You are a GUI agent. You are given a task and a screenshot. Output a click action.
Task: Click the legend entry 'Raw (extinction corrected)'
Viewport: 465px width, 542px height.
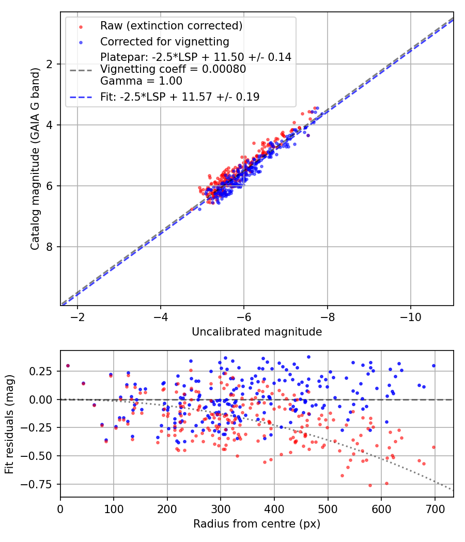tap(171, 26)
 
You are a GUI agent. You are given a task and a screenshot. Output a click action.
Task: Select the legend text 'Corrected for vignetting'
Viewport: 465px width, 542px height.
tap(165, 41)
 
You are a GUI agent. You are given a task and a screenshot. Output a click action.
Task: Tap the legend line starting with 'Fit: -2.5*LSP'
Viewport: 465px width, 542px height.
tap(180, 97)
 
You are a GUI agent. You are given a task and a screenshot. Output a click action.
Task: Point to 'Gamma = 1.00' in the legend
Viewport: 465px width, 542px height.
tap(141, 81)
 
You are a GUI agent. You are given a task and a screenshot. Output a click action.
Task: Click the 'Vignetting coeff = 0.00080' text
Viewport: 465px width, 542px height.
tap(173, 69)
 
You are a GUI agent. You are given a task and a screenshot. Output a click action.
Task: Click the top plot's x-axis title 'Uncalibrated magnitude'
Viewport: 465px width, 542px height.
tap(257, 332)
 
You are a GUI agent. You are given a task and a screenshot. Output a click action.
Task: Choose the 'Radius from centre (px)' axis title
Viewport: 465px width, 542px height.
tap(257, 524)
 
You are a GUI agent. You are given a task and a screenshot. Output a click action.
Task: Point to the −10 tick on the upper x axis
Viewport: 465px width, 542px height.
tap(411, 315)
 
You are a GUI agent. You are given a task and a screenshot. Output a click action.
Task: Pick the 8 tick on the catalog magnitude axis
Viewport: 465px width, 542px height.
tap(50, 247)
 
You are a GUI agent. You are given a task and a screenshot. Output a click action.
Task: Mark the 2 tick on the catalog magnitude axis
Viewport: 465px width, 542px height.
tap(50, 64)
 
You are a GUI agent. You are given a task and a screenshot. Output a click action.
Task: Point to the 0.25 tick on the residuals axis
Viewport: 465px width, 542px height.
tap(44, 371)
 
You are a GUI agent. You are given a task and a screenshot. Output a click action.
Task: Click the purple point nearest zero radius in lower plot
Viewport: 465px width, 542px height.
tap(68, 365)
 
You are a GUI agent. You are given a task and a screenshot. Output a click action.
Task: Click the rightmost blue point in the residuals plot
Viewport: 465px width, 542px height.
tap(433, 365)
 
